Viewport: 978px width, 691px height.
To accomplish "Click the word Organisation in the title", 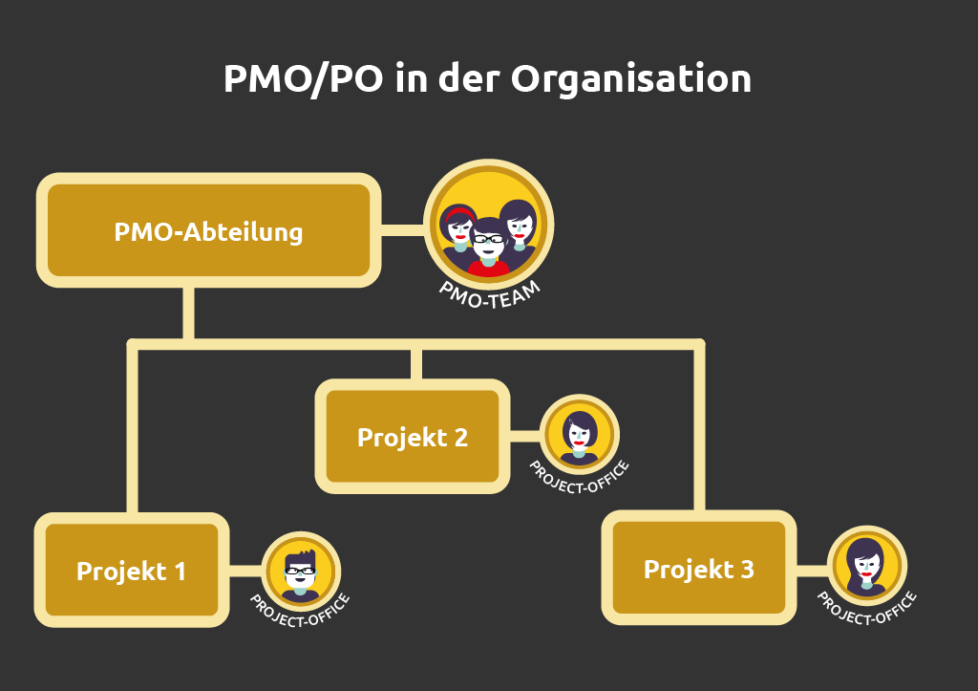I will [x=630, y=78].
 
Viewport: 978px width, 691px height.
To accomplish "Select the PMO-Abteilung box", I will [x=208, y=231].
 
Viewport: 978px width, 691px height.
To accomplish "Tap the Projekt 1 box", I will [x=132, y=572].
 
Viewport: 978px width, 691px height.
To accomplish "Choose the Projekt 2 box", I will [x=413, y=437].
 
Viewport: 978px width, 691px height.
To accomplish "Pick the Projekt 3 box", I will [x=699, y=569].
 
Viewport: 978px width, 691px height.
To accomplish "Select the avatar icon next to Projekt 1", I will [x=301, y=570].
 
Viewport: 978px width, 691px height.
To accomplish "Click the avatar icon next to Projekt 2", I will [x=580, y=434].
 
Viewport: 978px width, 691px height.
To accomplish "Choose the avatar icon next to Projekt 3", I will [x=866, y=566].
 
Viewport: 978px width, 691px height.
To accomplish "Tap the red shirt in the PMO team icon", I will [x=488, y=269].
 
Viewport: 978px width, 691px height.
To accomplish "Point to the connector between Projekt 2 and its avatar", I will [x=523, y=437].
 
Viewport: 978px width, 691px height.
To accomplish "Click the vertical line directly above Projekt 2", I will [x=415, y=363].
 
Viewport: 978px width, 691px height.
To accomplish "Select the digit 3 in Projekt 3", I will [x=746, y=570].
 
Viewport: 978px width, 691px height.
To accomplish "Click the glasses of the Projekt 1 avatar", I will [x=300, y=571].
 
